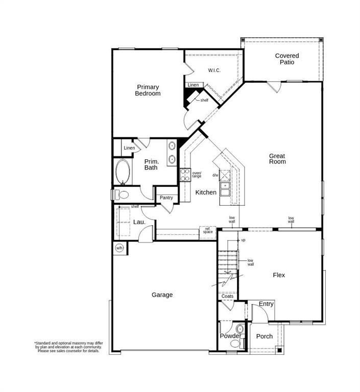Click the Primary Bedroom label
148,90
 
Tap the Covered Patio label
287,59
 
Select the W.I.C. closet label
214,70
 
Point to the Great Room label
277,159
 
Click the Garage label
162,295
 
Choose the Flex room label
279,275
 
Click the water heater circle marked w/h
119,248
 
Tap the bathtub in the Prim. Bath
123,172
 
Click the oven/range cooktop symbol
185,175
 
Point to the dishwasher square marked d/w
225,175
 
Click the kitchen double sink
225,189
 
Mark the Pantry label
166,198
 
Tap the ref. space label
208,230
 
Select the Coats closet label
227,296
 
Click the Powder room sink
239,329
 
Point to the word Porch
265,336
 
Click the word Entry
266,304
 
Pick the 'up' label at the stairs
243,240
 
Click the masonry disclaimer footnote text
68,347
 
